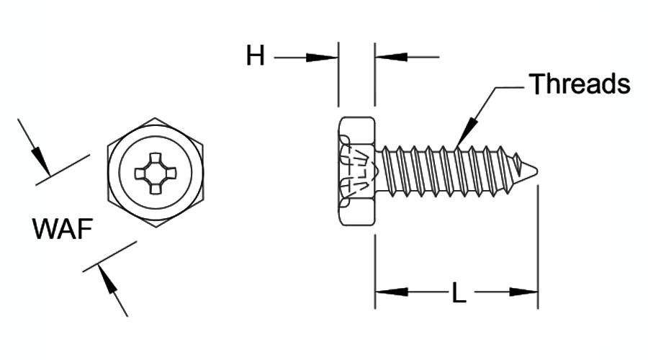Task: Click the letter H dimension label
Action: [x=255, y=56]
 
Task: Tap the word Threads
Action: [x=580, y=84]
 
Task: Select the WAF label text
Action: [x=63, y=228]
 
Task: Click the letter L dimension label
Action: [x=459, y=292]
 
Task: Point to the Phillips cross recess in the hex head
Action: [x=156, y=174]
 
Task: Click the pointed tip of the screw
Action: [x=537, y=170]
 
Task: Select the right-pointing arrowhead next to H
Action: [x=322, y=58]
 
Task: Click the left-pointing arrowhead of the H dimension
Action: [x=391, y=57]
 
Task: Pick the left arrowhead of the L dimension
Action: [x=391, y=292]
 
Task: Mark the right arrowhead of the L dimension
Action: [x=523, y=292]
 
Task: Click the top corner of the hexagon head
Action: [x=156, y=118]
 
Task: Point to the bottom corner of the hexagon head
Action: [x=156, y=228]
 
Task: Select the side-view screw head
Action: [x=356, y=171]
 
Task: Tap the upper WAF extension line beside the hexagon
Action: [x=63, y=170]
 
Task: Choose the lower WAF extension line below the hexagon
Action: [x=109, y=256]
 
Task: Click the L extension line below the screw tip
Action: [x=538, y=247]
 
